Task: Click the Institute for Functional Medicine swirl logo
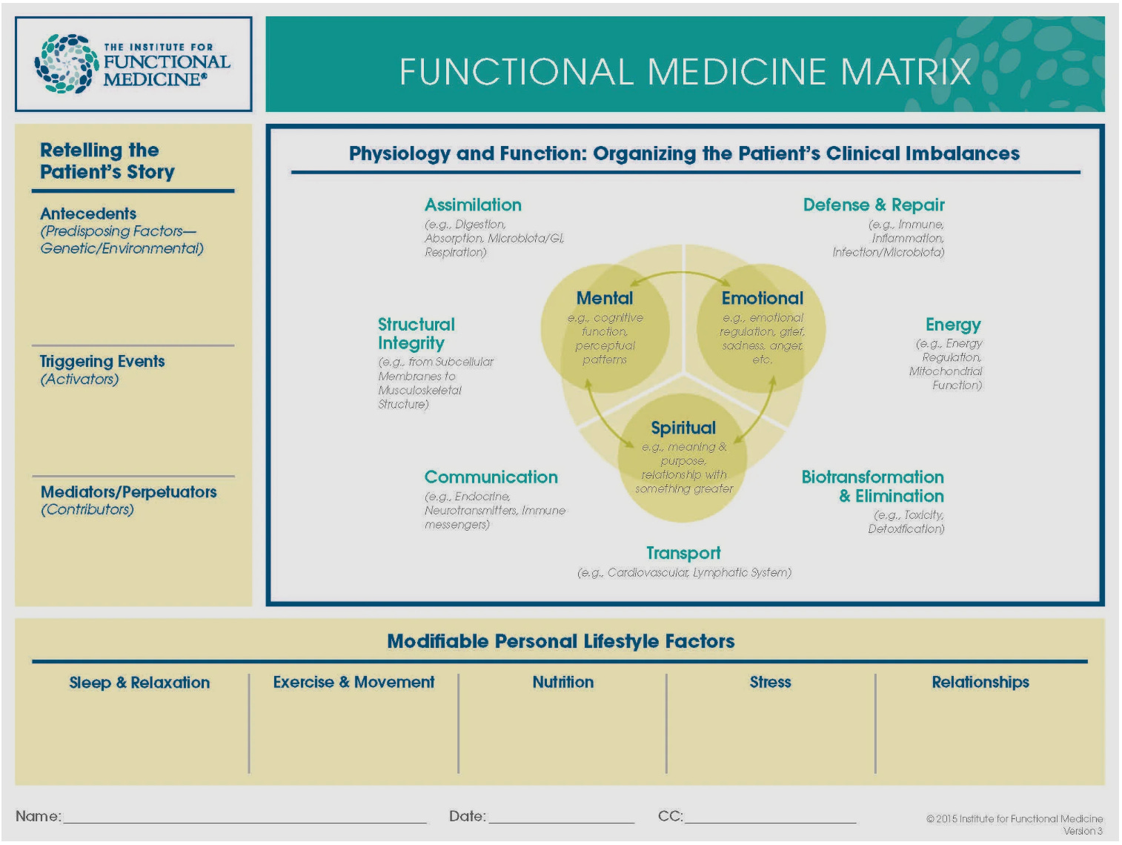point(67,64)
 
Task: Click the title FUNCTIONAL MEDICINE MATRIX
point(685,72)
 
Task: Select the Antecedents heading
point(88,213)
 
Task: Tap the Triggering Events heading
point(102,362)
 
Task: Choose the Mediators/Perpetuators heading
point(128,491)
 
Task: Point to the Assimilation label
point(473,205)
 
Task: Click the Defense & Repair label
point(874,205)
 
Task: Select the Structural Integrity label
point(416,334)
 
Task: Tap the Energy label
point(953,325)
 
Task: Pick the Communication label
point(491,477)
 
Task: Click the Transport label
point(683,553)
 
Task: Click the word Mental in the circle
point(605,298)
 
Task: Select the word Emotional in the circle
point(762,298)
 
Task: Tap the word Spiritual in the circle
point(683,428)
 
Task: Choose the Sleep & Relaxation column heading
point(139,683)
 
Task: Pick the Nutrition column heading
point(562,682)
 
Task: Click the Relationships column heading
point(980,682)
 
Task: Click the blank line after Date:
point(561,823)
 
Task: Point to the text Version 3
point(1083,831)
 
